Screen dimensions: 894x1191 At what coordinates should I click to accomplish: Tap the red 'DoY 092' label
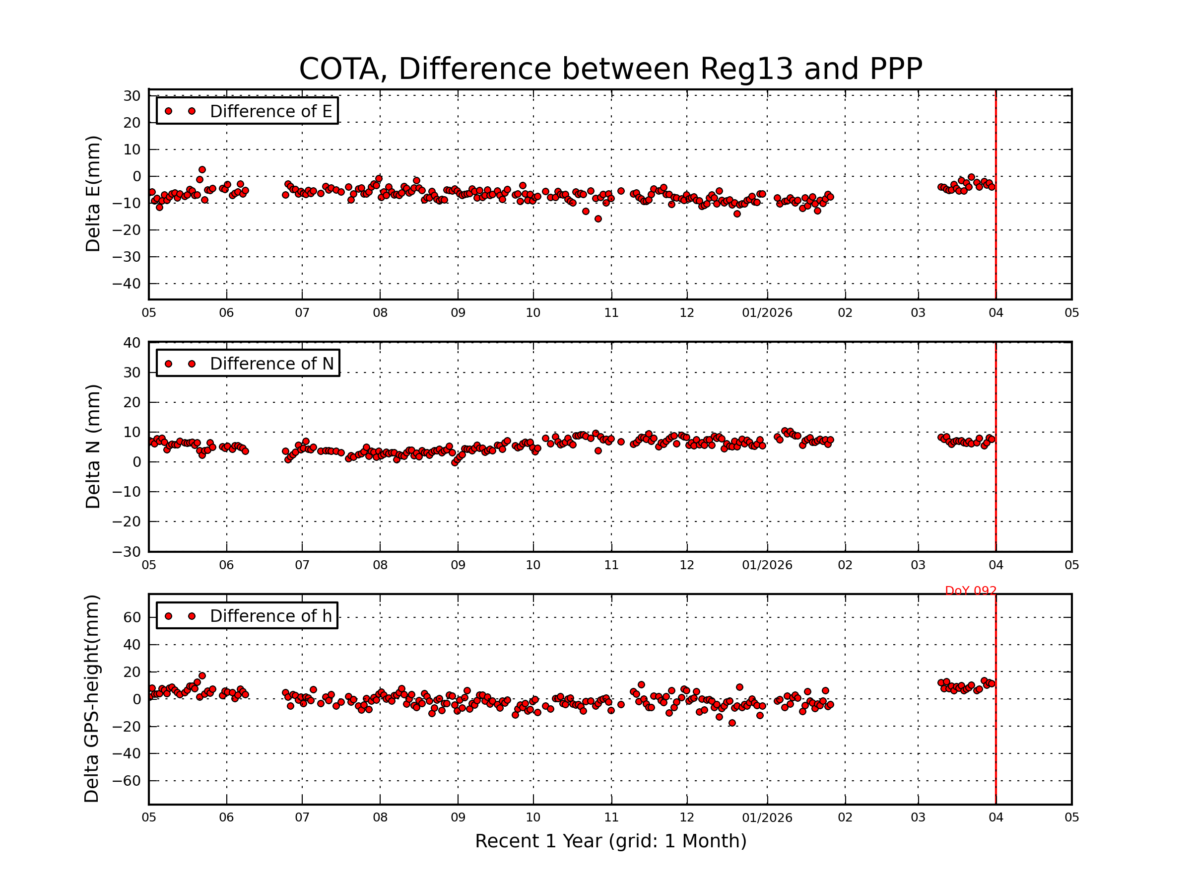click(970, 591)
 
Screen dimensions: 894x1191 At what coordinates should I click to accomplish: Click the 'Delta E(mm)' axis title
click(93, 194)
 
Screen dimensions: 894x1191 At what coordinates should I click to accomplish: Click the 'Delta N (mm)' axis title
click(93, 446)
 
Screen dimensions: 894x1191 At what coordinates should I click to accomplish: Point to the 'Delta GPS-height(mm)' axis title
click(92, 699)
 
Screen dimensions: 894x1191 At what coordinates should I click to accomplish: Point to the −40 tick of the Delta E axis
click(126, 284)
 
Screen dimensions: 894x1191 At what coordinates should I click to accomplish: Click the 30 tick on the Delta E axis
click(132, 96)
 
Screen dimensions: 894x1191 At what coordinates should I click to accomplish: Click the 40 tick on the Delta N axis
click(132, 343)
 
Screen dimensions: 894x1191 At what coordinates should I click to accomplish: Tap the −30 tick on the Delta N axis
click(126, 552)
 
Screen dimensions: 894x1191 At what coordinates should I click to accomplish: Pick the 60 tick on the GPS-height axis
click(132, 617)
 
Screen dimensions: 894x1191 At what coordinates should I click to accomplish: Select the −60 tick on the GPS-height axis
click(126, 781)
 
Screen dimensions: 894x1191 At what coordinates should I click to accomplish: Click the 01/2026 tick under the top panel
click(767, 313)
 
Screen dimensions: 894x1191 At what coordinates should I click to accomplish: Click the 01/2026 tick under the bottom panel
click(767, 818)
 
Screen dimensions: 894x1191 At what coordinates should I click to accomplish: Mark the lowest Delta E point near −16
click(597, 219)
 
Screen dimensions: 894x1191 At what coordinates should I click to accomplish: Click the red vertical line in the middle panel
click(995, 447)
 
